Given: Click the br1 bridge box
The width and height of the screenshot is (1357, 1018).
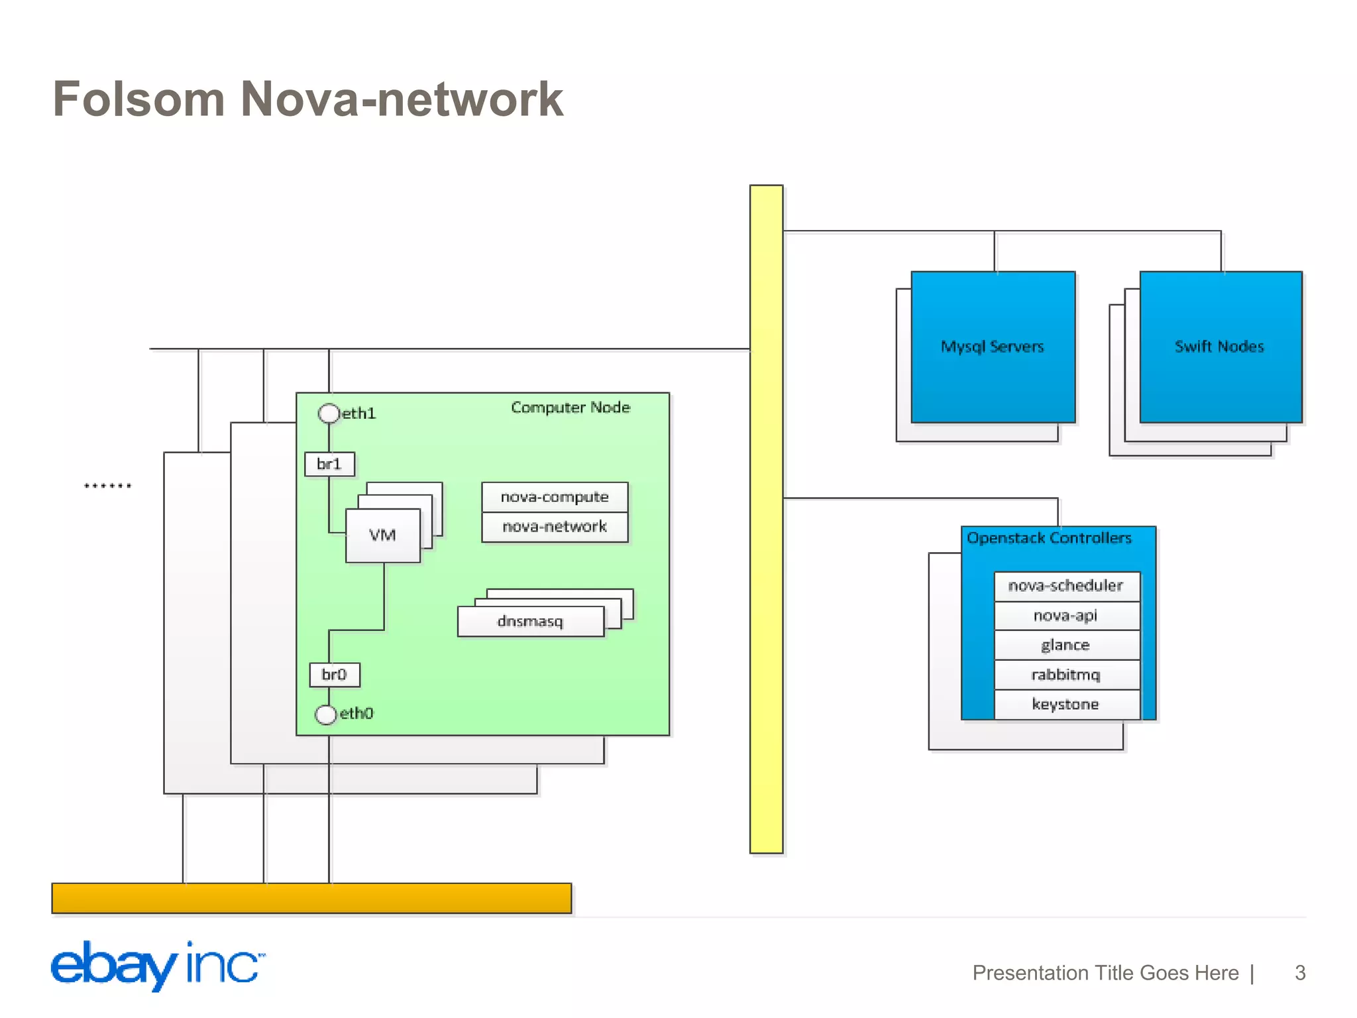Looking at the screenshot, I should coord(329,464).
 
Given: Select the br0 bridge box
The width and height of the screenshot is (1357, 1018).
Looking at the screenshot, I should coord(335,675).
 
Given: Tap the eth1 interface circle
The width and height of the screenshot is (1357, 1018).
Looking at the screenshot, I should coord(329,414).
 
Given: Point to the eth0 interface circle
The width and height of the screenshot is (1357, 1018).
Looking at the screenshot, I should coord(325,714).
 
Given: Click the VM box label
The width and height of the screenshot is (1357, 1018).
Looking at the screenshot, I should coord(382,536).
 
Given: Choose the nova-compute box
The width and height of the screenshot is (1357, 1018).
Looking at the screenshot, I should coord(555,497).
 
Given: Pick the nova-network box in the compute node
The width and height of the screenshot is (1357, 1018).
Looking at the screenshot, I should coord(555,527).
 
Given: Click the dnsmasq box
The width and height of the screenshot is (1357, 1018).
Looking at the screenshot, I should coord(530,622).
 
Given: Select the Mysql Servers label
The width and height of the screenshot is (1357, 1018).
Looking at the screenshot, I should coord(992,347).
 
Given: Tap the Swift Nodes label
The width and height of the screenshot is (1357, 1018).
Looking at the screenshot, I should coord(1219,347).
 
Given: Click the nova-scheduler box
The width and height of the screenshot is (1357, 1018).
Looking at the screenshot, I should coord(1065,586).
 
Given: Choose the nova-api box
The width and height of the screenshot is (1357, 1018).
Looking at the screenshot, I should coord(1065,616).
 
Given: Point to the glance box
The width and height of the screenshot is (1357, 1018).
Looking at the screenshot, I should coord(1065,645).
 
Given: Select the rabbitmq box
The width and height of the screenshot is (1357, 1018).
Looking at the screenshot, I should coord(1065,675).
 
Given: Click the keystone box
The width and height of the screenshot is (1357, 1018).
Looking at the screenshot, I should coord(1065,705).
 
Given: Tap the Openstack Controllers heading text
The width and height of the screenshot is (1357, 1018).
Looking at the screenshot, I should coord(1049,538).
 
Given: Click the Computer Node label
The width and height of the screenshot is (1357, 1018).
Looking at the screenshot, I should coord(570,408).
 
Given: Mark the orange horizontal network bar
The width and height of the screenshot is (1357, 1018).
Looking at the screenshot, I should coord(311,898).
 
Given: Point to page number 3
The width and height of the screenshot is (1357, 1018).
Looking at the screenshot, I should coord(1300,972).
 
